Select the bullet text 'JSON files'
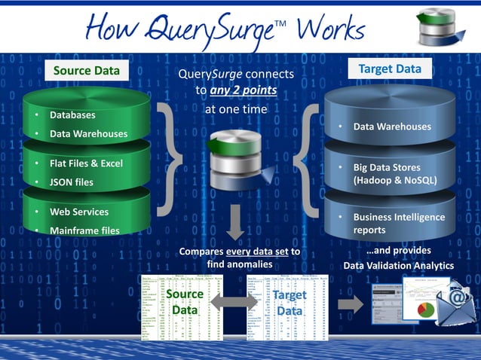72,182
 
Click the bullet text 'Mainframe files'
84,230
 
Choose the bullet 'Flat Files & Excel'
86,163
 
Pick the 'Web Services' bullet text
79,212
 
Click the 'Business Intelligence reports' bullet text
399,223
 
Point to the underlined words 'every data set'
254,251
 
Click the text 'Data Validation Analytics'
399,265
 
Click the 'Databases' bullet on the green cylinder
72,115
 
